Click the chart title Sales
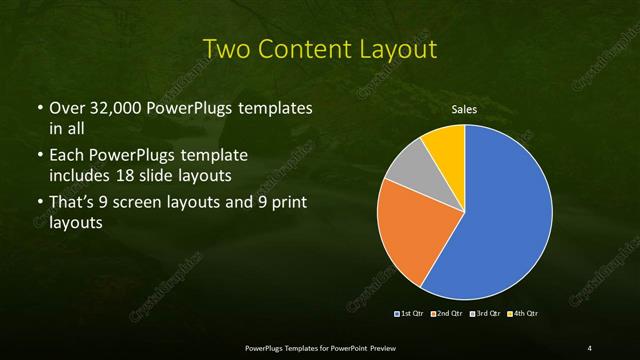click(x=464, y=108)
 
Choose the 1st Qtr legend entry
click(x=410, y=314)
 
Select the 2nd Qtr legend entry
click(x=447, y=314)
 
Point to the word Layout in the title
click(x=391, y=48)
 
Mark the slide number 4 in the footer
click(x=590, y=347)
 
